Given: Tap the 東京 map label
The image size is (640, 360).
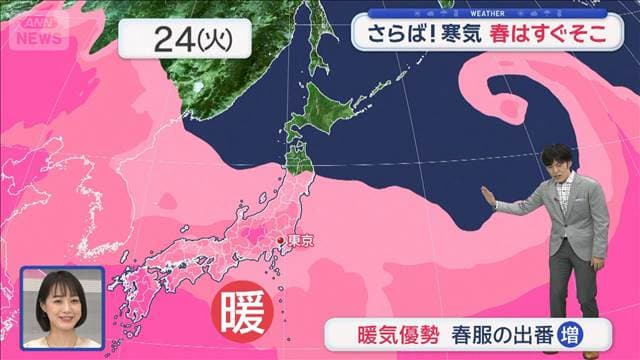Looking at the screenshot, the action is pyautogui.click(x=301, y=241).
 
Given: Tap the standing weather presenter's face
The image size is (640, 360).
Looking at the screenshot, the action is pyautogui.click(x=556, y=162).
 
